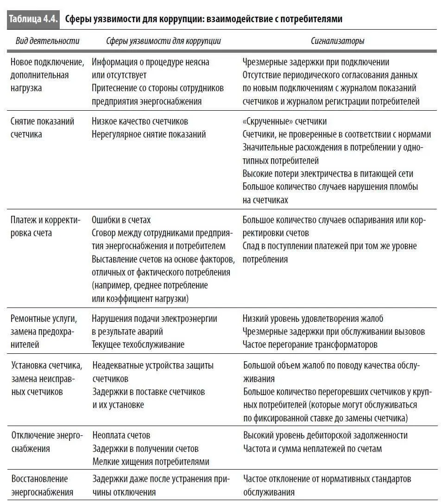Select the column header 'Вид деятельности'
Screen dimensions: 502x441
click(47, 41)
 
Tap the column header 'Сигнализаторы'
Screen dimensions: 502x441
click(337, 41)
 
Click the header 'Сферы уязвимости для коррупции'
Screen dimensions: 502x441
click(163, 41)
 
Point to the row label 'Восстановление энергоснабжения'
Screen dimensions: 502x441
click(39, 485)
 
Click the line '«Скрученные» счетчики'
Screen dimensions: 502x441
click(284, 121)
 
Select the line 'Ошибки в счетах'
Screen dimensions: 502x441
click(121, 220)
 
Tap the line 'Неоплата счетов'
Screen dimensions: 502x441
click(121, 435)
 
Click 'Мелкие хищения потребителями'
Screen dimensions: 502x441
click(151, 462)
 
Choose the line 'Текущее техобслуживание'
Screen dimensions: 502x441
click(138, 345)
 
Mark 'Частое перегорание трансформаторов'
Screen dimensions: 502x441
click(310, 345)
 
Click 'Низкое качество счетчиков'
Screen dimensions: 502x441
click(140, 121)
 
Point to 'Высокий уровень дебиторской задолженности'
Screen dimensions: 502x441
click(325, 435)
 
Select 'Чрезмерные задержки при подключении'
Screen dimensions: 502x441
click(316, 62)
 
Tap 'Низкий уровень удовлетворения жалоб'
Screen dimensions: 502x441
click(313, 319)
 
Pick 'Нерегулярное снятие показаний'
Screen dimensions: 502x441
click(149, 134)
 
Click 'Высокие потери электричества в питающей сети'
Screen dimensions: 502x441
click(328, 174)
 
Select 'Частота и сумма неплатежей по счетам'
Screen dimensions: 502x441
click(312, 448)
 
